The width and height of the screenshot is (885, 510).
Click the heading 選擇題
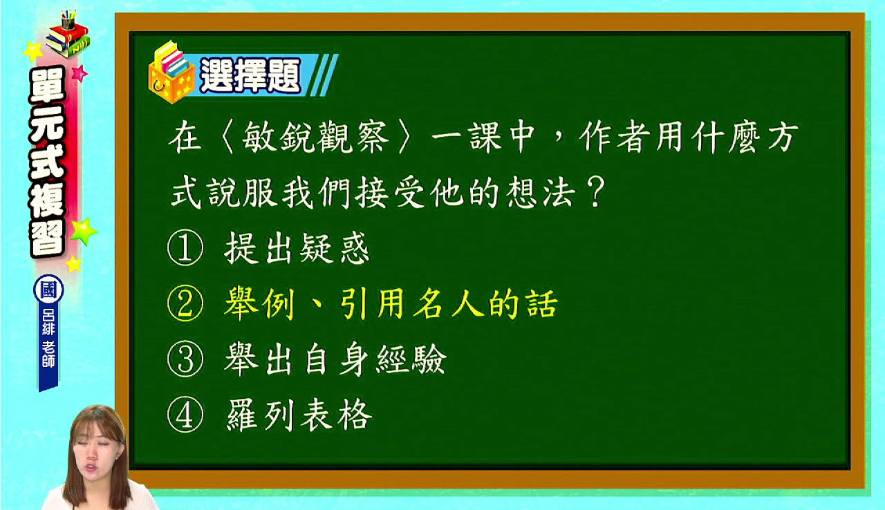250,76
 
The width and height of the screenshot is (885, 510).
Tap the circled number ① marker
185,247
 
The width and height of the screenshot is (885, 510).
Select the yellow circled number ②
185,303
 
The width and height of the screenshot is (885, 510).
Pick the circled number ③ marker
185,359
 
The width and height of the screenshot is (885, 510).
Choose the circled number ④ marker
185,415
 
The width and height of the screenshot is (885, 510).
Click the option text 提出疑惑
297,248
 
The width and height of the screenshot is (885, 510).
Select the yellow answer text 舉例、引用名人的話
391,303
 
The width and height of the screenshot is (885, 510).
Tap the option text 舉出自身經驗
335,359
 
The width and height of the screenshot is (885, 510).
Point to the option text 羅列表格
299,415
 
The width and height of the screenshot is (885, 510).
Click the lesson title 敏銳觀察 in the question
315,137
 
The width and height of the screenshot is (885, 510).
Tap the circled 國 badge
48,290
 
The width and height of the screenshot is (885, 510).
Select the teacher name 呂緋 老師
48,338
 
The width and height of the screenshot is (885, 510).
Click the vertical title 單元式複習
48,162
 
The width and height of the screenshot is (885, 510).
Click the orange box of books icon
171,73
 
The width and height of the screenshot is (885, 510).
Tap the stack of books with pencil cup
68,35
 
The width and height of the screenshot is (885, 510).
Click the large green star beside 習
84,231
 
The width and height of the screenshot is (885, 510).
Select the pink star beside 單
80,73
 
